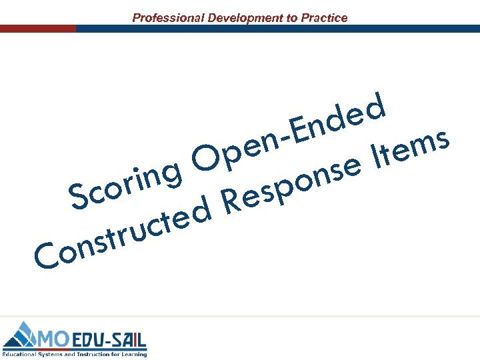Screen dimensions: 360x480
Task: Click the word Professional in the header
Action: (167, 18)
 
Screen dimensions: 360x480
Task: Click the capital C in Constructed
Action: (45, 257)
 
